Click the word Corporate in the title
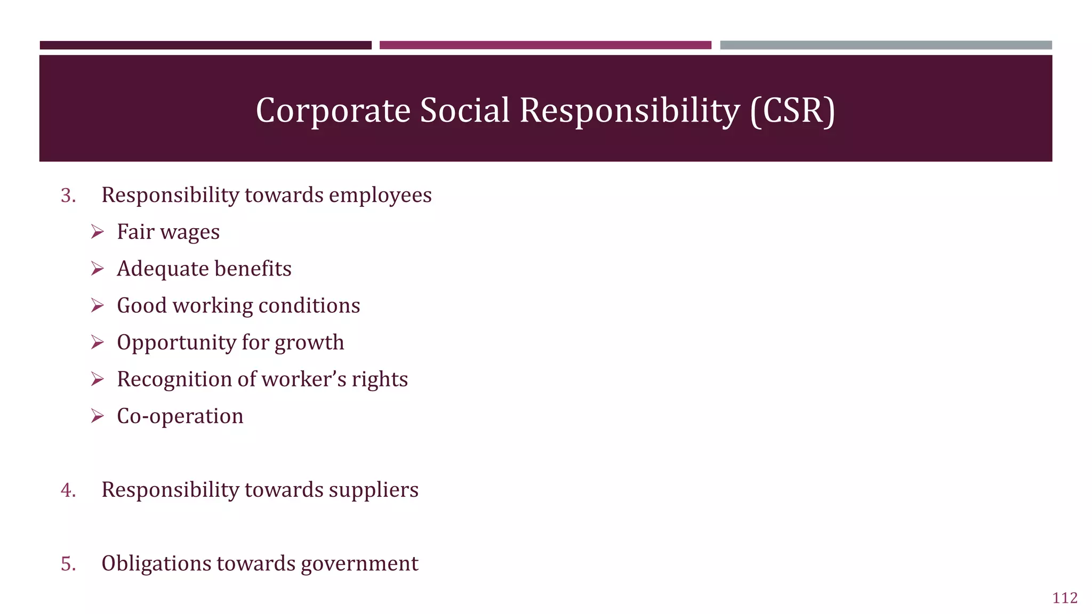tap(333, 111)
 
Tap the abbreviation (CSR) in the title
tap(792, 111)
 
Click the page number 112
tap(1065, 598)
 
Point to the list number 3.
tap(68, 196)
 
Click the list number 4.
tap(68, 490)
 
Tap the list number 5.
tap(68, 564)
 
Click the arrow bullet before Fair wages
tap(97, 232)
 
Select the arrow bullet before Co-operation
tap(97, 416)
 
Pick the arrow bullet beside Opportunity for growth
tap(97, 342)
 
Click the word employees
tap(380, 196)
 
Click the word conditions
tap(309, 306)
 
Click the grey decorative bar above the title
tap(886, 45)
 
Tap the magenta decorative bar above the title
tap(545, 45)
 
